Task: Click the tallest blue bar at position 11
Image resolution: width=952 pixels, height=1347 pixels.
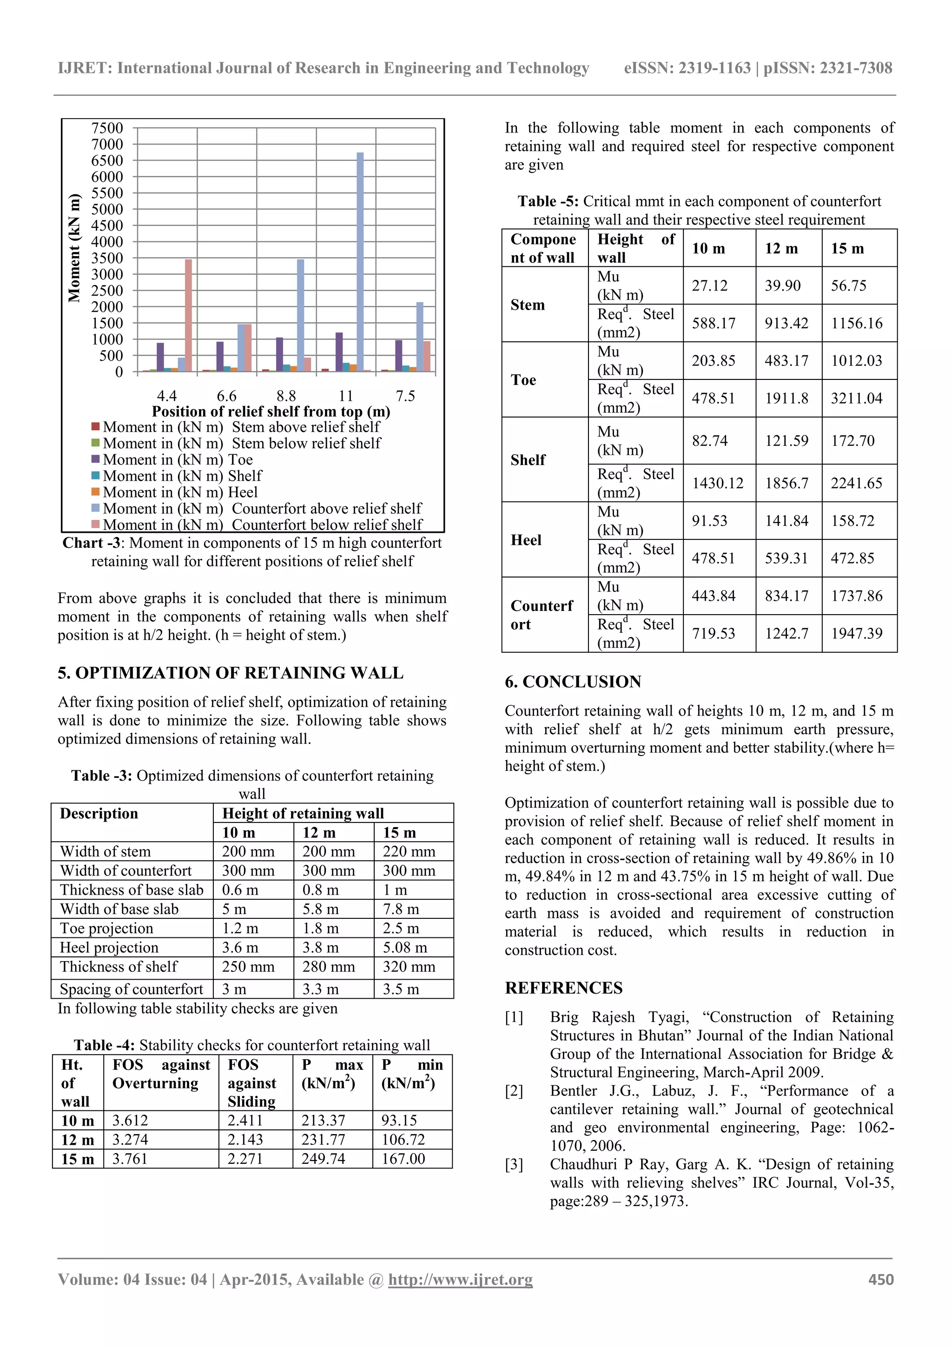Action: click(360, 262)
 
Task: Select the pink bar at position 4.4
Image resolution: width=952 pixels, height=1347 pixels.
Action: click(188, 315)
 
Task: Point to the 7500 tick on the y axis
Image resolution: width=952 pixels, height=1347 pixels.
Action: click(107, 128)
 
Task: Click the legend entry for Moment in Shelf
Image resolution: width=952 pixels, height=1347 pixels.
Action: click(182, 476)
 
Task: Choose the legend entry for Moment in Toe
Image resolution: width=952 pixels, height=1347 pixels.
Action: click(178, 459)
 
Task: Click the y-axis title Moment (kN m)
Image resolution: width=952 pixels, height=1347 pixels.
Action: click(74, 247)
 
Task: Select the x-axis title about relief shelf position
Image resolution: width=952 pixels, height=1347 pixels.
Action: click(271, 411)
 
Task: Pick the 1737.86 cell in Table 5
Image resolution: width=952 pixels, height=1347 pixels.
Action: click(856, 596)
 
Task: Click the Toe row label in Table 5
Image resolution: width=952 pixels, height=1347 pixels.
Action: click(523, 379)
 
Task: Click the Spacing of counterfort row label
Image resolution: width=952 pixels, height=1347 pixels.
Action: click(132, 989)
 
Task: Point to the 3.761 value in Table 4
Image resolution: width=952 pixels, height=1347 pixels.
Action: click(130, 1159)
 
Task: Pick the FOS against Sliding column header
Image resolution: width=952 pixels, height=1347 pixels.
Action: click(251, 1083)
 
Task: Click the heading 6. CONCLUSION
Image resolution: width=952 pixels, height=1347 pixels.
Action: click(573, 682)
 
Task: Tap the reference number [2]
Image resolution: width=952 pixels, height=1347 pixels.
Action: click(514, 1091)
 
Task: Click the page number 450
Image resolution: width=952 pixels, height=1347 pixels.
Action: click(880, 1280)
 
